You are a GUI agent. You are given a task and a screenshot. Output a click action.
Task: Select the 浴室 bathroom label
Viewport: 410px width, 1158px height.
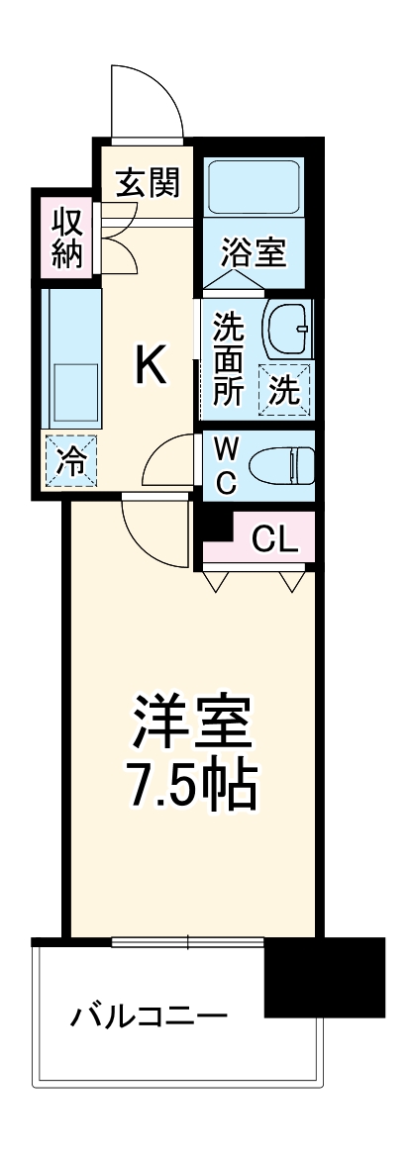(253, 253)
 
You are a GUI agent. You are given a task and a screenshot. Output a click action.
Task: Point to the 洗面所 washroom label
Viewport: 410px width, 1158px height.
(228, 357)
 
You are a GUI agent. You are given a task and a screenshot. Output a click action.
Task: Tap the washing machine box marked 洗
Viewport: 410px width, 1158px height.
(284, 390)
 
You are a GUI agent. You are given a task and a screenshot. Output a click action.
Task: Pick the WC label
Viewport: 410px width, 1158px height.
(227, 465)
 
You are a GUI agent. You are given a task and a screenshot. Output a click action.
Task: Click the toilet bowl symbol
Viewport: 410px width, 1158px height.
(280, 463)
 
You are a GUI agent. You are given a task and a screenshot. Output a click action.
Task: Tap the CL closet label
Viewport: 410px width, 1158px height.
(273, 538)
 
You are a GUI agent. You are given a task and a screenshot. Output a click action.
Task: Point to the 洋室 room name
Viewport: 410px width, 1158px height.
(194, 727)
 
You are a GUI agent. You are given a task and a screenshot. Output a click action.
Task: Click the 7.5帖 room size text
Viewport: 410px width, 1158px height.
(194, 788)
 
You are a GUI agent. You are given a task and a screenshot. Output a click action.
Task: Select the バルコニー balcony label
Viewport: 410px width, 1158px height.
(149, 1017)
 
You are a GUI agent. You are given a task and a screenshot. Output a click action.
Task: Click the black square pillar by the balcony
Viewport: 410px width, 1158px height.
(324, 977)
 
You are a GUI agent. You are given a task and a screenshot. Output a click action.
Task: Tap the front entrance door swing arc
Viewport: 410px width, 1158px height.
(149, 99)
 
